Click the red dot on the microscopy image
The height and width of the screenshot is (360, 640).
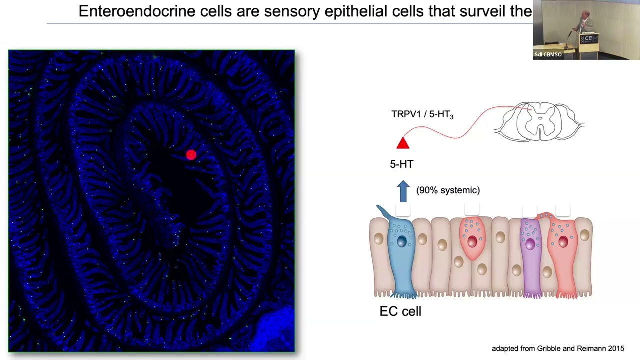point(191,155)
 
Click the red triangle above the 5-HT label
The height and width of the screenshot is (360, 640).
point(403,143)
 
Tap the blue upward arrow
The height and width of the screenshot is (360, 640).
point(403,191)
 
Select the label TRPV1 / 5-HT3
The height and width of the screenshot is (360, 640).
point(422,114)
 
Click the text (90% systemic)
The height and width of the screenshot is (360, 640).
point(448,190)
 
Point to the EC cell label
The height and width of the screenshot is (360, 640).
point(400,311)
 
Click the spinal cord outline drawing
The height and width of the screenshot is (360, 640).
point(539,121)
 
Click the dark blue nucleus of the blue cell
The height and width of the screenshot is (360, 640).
point(402,241)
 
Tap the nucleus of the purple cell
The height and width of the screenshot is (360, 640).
point(530,244)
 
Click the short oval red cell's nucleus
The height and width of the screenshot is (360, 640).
point(472,242)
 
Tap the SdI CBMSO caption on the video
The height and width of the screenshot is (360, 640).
point(548,54)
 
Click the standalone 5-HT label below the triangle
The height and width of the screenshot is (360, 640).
point(402,164)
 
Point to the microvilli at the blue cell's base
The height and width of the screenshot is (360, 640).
point(404,294)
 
